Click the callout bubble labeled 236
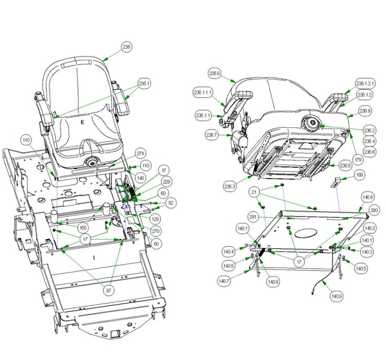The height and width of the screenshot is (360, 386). pyautogui.click(x=126, y=47)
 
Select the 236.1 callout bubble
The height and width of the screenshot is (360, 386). pyautogui.click(x=144, y=83)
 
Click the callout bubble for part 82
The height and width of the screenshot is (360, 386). pyautogui.click(x=170, y=203)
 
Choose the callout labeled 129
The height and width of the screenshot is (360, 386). pyautogui.click(x=156, y=219)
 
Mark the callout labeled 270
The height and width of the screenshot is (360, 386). pyautogui.click(x=156, y=231)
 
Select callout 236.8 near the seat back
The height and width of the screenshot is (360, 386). pyautogui.click(x=215, y=74)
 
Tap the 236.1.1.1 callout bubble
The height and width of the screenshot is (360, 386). pyautogui.click(x=205, y=92)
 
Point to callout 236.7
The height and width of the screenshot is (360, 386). pyautogui.click(x=212, y=136)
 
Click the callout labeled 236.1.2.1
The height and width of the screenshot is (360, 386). pyautogui.click(x=365, y=84)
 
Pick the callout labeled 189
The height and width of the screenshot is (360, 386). pyautogui.click(x=360, y=174)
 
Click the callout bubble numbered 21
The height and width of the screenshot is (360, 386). pyautogui.click(x=255, y=192)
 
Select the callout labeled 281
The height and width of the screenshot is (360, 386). pyautogui.click(x=254, y=217)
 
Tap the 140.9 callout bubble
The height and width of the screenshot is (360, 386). pyautogui.click(x=336, y=296)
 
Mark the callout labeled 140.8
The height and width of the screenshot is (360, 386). pyautogui.click(x=273, y=282)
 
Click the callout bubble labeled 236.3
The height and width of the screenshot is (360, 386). pyautogui.click(x=230, y=186)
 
